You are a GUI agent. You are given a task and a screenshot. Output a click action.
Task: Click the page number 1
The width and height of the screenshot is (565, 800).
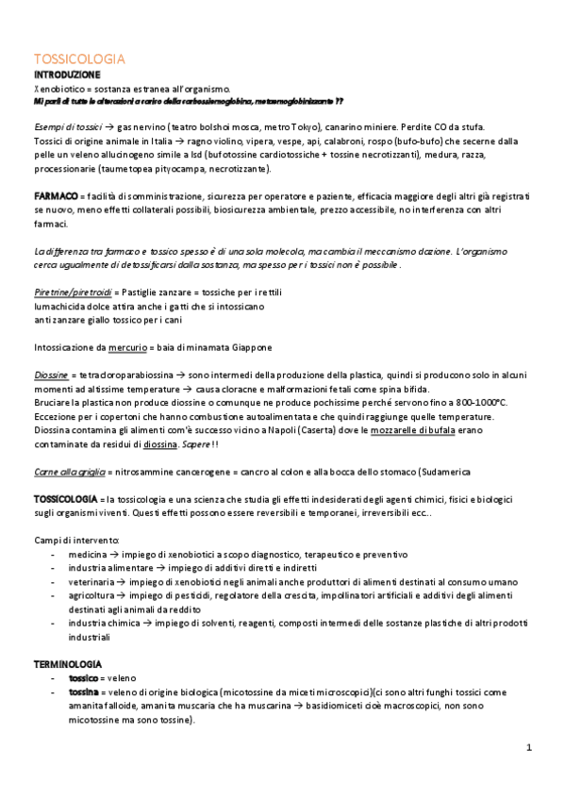529,748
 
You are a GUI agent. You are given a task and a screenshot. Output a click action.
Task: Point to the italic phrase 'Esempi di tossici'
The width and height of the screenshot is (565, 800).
67,125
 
